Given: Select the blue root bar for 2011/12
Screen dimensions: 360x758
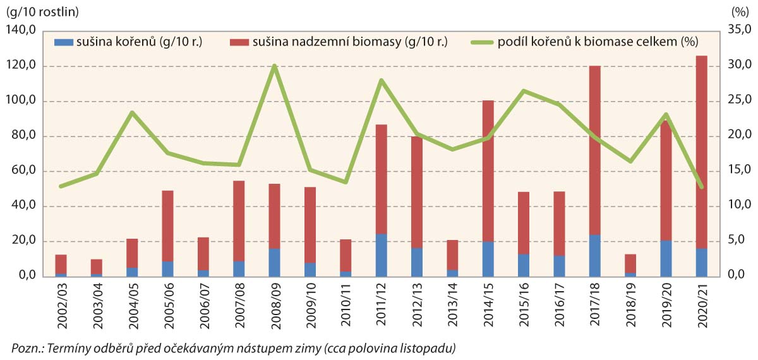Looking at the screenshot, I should point(381,255).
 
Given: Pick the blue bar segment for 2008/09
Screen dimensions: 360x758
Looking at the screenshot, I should point(274,263).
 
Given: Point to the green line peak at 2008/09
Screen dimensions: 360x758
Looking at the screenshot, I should point(274,66).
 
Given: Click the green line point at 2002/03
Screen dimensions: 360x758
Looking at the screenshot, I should point(61,186).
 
